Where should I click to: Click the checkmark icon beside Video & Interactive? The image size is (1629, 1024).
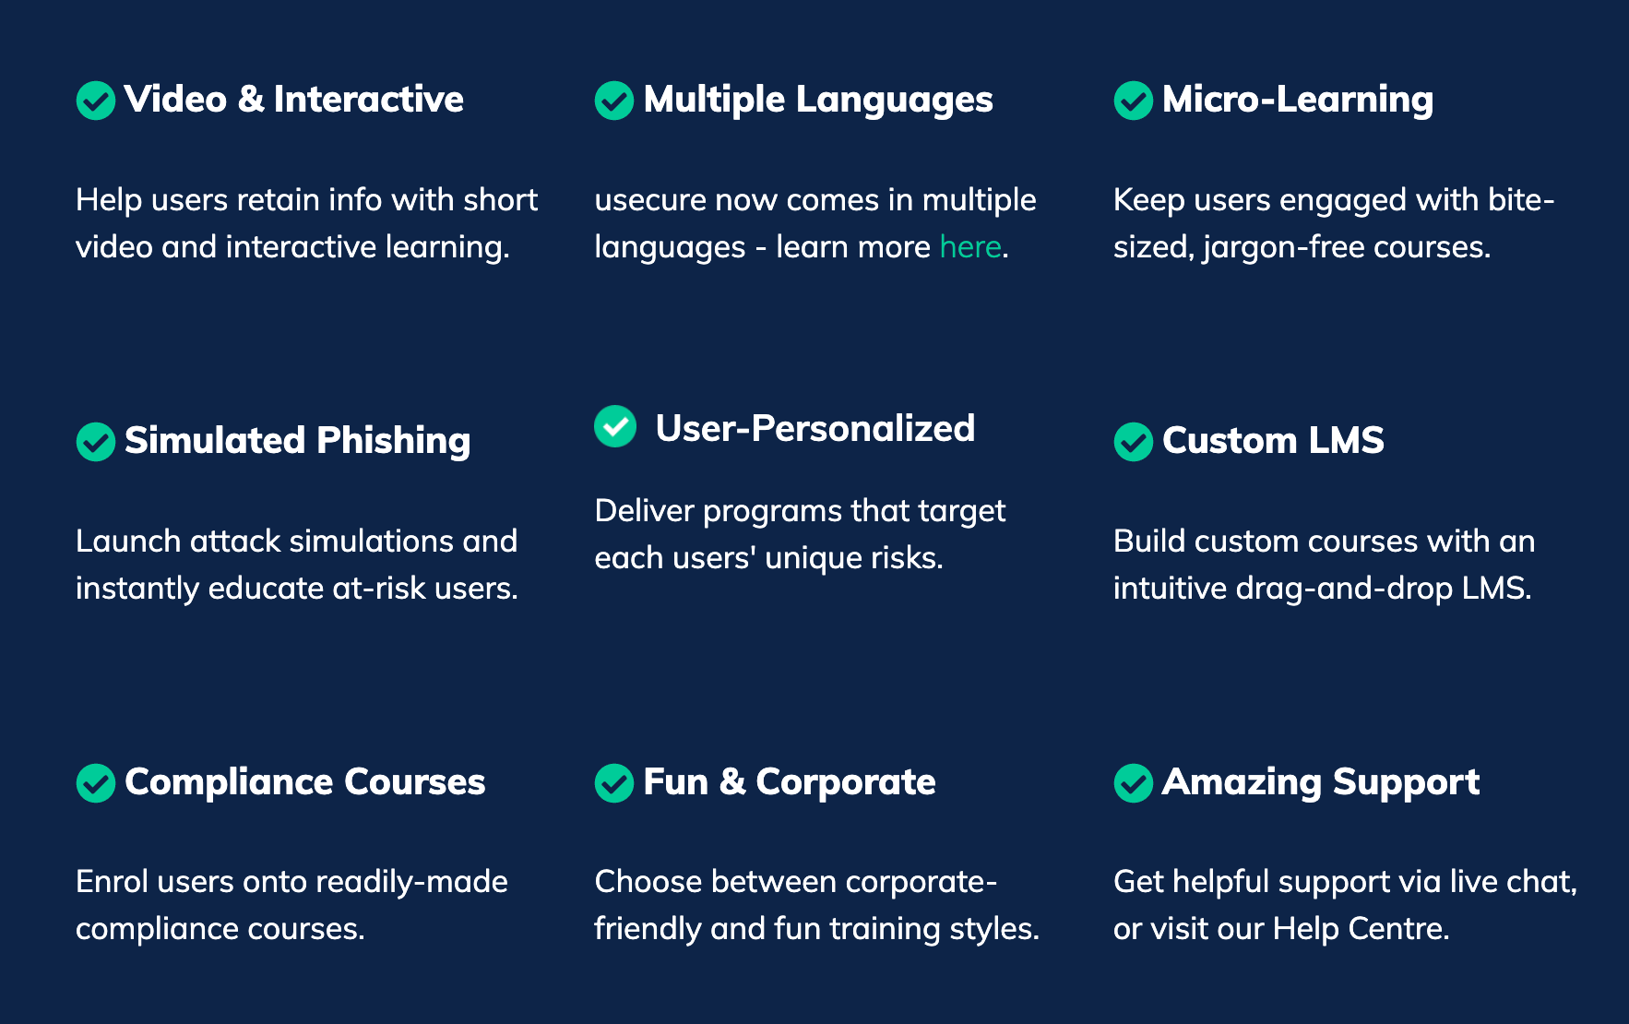click(96, 101)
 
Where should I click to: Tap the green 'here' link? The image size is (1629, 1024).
click(970, 246)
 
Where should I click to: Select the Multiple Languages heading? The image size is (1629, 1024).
click(818, 100)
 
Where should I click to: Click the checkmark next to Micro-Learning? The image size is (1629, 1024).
click(1134, 101)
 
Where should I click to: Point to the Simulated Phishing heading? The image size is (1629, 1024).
click(297, 441)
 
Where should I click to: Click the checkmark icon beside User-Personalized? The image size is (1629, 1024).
click(615, 426)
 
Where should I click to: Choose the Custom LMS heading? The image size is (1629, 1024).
click(1273, 440)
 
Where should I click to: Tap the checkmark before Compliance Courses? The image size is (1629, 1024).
click(96, 783)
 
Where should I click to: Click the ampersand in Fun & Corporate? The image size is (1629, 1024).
click(732, 782)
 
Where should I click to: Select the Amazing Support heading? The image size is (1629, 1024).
click(1321, 782)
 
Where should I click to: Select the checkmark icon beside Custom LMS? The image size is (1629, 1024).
click(1134, 442)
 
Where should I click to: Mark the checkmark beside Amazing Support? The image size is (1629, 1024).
click(1134, 783)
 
